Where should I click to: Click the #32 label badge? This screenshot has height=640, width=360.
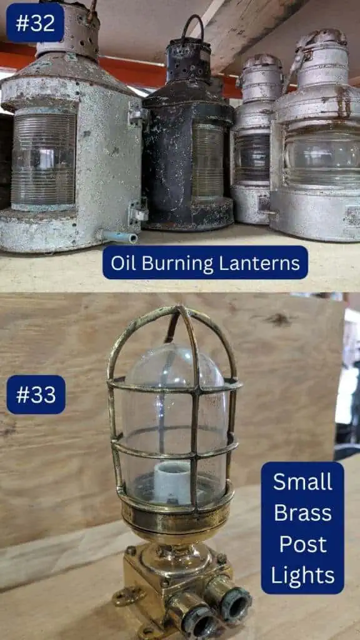pos(35,23)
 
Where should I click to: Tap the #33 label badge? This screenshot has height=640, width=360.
pos(36,395)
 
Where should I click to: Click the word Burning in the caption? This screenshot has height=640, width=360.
pos(182,263)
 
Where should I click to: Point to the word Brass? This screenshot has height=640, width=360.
pos(302,512)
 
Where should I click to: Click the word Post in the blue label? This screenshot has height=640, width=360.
pos(302,544)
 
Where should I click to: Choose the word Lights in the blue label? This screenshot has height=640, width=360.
pos(302,575)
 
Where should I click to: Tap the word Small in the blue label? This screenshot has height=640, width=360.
pos(302,482)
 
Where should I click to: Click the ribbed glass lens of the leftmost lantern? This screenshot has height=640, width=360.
pos(44,159)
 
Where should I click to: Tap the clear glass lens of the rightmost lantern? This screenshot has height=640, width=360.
pos(322,156)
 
